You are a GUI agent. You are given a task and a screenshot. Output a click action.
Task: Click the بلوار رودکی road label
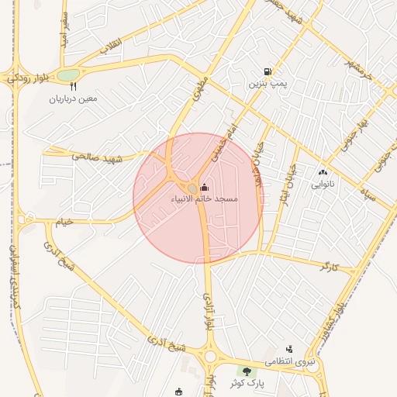coord(27,78)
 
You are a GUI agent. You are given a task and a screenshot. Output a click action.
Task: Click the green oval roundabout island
coord(68,75)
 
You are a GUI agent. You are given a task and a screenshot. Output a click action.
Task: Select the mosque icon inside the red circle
coord(205,187)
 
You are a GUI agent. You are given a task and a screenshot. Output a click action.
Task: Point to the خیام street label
coord(63,222)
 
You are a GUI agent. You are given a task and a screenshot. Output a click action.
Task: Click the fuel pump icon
coord(268,71)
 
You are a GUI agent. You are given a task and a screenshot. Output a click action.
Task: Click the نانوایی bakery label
coord(323,185)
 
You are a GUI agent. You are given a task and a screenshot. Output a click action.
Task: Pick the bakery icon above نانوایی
coord(323,172)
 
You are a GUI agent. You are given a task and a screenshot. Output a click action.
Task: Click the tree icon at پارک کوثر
coord(247,371)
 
